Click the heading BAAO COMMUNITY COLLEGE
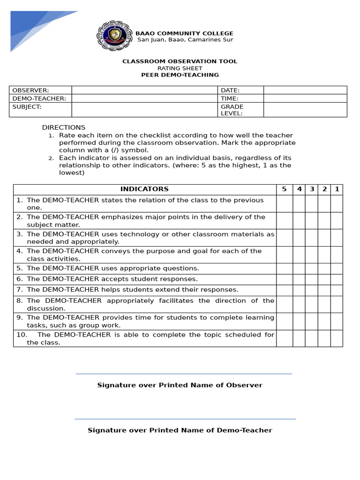coord(184,33)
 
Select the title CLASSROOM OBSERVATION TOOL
coord(180,61)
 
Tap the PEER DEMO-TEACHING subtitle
coord(180,75)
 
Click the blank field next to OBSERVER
coord(144,90)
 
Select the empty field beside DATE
coord(305,90)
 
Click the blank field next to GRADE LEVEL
coord(305,110)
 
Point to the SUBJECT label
coord(27,107)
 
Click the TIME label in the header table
coord(230,98)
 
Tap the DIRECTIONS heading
coord(64,127)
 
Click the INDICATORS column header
coord(144,189)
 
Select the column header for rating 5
coord(284,189)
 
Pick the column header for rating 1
coord(337,189)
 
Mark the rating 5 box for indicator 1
coord(284,204)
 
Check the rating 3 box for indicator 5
coord(311,269)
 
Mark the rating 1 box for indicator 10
coord(337,338)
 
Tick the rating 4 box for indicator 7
coord(299,290)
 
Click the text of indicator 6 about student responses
coord(112,279)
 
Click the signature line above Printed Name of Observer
coord(184,374)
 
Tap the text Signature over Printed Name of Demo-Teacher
coord(180,430)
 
